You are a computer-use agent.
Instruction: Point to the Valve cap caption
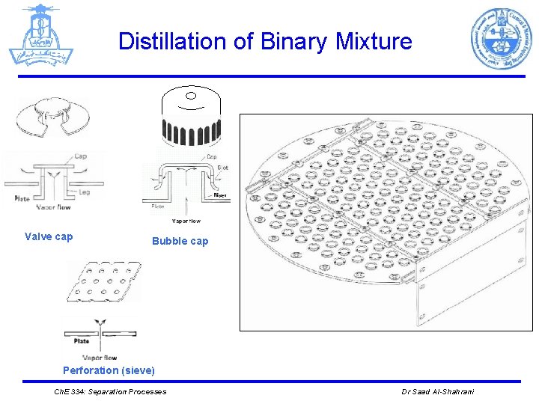click(49, 237)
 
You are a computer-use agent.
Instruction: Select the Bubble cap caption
click(180, 241)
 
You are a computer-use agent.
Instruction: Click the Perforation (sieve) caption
click(109, 370)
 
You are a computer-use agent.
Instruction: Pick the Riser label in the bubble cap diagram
click(220, 195)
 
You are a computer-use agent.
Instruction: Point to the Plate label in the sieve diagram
click(82, 341)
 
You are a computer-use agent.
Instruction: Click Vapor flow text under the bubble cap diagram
click(186, 221)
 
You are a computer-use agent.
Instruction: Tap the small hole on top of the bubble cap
click(190, 96)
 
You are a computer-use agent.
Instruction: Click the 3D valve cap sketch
click(52, 118)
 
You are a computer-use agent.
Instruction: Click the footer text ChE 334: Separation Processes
click(112, 392)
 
